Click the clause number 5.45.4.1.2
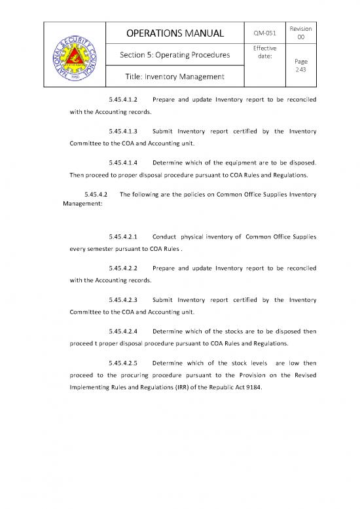(x=123, y=100)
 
